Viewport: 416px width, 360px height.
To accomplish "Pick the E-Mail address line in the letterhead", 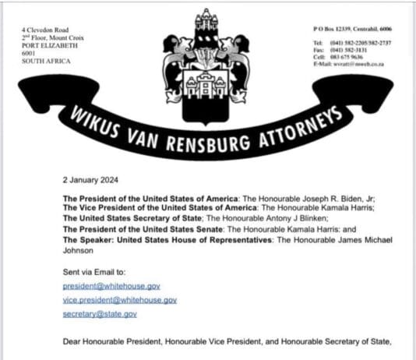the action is [353, 63].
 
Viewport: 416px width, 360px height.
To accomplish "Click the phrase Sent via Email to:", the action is [93, 272].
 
